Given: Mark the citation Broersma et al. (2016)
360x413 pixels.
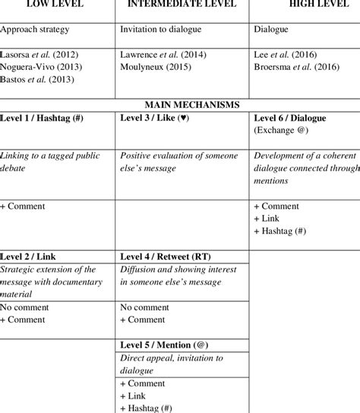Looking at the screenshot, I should click(300, 67).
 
